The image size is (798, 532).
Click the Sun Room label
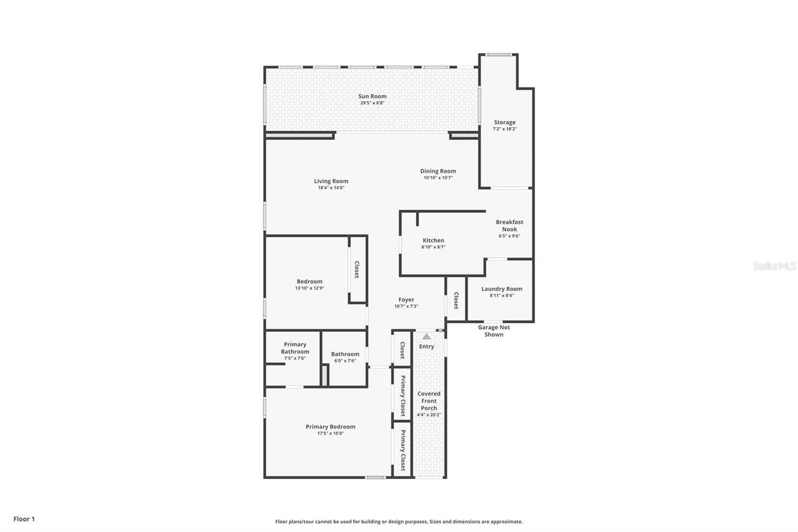tap(372, 96)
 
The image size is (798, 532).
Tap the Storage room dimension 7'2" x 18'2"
tap(504, 129)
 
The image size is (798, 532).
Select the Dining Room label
tap(438, 171)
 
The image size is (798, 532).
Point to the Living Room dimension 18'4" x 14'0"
tap(331, 188)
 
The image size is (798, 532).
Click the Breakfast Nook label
tap(509, 225)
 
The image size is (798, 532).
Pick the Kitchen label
tap(433, 240)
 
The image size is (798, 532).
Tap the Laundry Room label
tap(502, 289)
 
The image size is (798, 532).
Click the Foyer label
tap(406, 299)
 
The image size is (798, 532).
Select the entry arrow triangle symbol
tap(426, 336)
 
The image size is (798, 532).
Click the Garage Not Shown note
tap(494, 331)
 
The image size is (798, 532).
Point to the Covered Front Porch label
tap(429, 400)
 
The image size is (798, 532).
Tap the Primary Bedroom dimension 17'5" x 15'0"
tap(330, 433)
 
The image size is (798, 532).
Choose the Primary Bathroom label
tap(295, 348)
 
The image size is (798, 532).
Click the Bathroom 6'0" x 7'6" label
tap(345, 354)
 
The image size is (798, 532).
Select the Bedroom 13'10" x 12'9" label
tap(309, 281)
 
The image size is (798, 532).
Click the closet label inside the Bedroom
tap(357, 269)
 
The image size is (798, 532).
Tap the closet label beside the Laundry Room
tap(456, 301)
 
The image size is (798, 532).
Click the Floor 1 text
tap(24, 519)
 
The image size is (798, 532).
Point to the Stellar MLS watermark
tap(775, 266)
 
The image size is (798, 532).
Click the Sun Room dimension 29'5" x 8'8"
tap(372, 103)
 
